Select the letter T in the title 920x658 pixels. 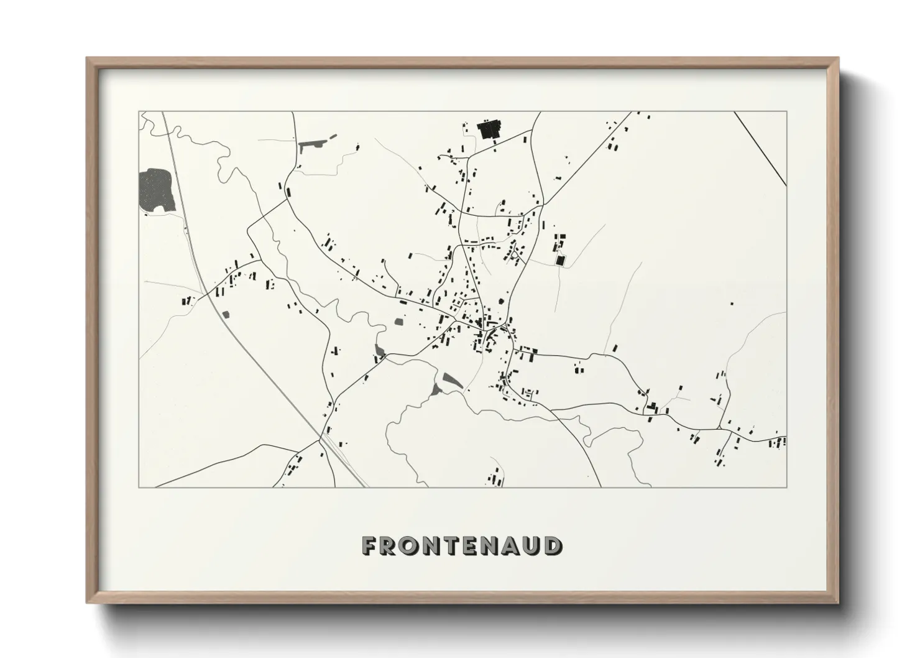(x=452, y=546)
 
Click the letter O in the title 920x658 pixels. (x=410, y=546)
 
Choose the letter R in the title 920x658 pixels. (x=390, y=546)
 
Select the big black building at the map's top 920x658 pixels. (x=489, y=131)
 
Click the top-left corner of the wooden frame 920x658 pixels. (x=88, y=59)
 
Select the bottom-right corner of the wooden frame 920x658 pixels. (x=837, y=602)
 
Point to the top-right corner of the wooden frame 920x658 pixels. (x=837, y=59)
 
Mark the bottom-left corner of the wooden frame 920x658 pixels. (x=88, y=602)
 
